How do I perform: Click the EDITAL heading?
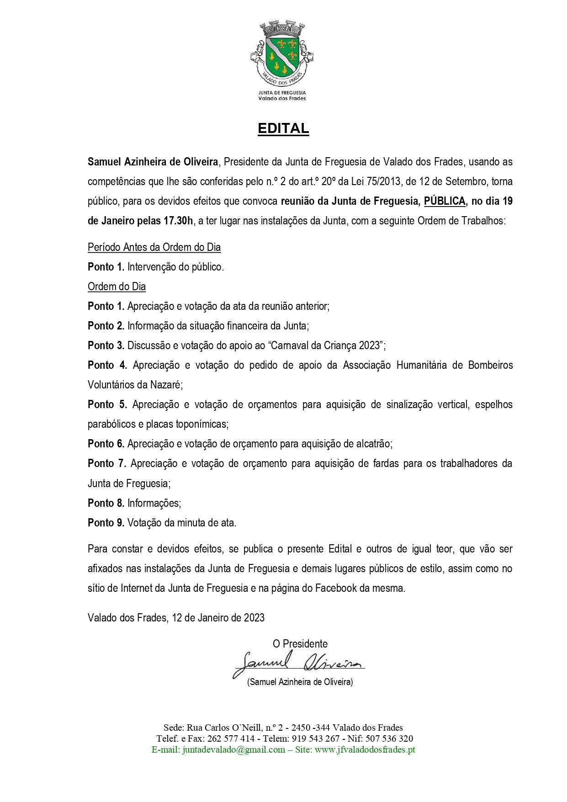point(283,128)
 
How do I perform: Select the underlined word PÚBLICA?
point(445,201)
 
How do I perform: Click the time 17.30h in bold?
point(178,221)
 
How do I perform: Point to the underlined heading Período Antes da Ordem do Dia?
point(154,247)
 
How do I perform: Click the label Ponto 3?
point(106,345)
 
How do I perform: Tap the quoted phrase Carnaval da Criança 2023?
point(325,345)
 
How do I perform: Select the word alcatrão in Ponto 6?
point(373,444)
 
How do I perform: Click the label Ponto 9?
point(106,523)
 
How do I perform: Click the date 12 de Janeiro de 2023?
point(218,618)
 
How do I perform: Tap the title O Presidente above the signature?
point(300,644)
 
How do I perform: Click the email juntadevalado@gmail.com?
point(233,750)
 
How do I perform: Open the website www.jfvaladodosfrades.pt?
point(365,750)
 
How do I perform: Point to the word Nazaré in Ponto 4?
point(166,385)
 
